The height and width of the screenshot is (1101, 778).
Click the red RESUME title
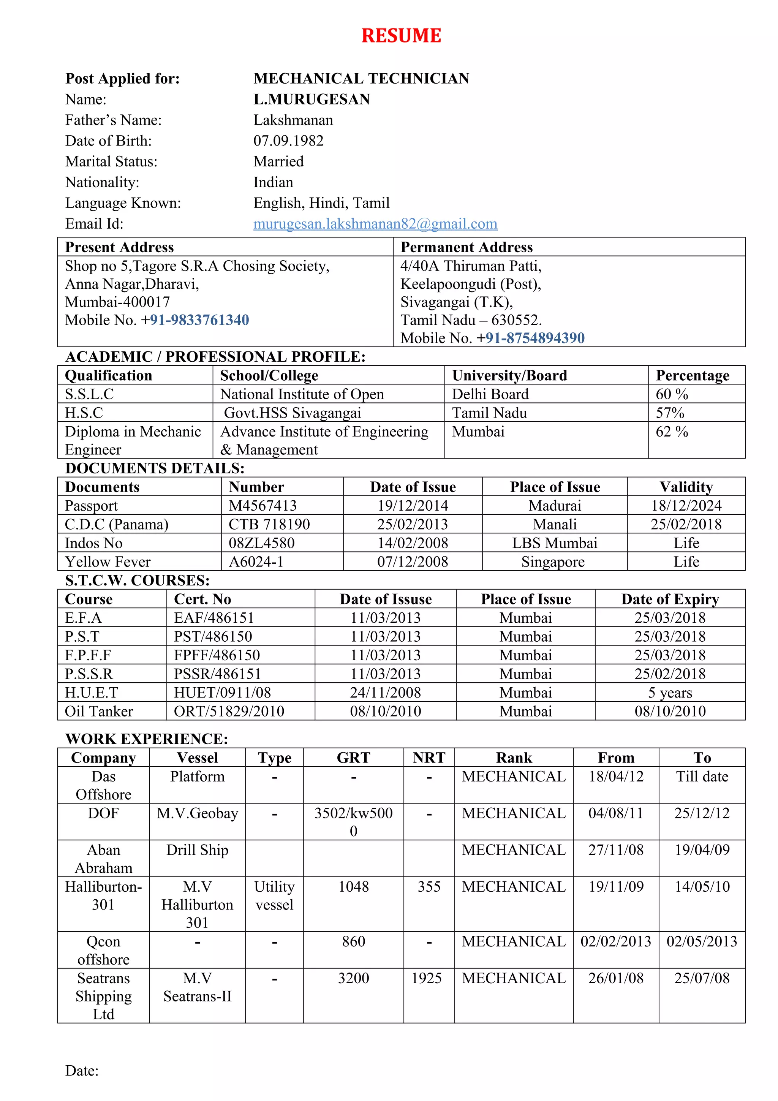point(401,36)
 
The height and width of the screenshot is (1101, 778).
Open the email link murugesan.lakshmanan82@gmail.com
point(375,224)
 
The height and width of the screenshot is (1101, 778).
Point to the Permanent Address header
point(466,247)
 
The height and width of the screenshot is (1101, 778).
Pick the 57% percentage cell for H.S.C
point(670,413)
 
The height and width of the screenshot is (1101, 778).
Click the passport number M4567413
point(262,505)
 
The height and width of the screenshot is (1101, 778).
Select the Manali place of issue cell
point(555,524)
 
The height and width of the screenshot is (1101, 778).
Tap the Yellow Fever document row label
point(108,562)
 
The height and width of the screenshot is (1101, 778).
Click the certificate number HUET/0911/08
point(223,693)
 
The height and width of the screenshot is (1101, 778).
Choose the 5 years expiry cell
point(670,693)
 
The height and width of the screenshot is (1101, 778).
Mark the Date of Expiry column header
point(670,600)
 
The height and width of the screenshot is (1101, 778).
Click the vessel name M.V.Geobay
point(197,813)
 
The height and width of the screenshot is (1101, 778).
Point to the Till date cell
point(702,776)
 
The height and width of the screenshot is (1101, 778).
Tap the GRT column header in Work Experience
point(353,758)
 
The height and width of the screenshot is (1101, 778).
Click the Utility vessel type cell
point(274,896)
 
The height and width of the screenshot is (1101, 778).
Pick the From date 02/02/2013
point(615,941)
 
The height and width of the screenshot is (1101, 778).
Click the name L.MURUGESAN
point(312,99)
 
